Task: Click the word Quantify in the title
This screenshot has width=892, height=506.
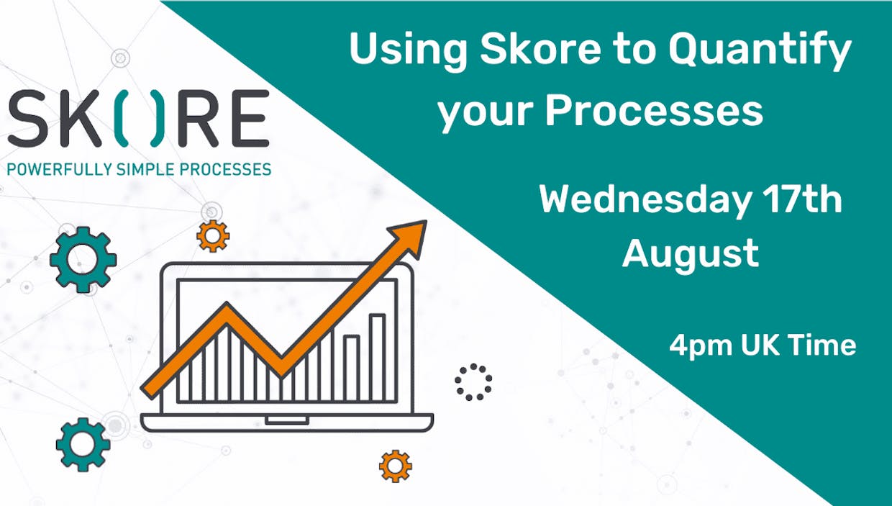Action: pos(760,53)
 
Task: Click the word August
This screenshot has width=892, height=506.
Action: pos(690,255)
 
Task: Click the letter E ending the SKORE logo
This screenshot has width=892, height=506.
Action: pos(249,118)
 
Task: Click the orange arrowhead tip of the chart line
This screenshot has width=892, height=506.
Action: pos(426,222)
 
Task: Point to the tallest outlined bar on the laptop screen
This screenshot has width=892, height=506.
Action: pos(377,358)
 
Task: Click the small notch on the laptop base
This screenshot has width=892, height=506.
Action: pos(287,420)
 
